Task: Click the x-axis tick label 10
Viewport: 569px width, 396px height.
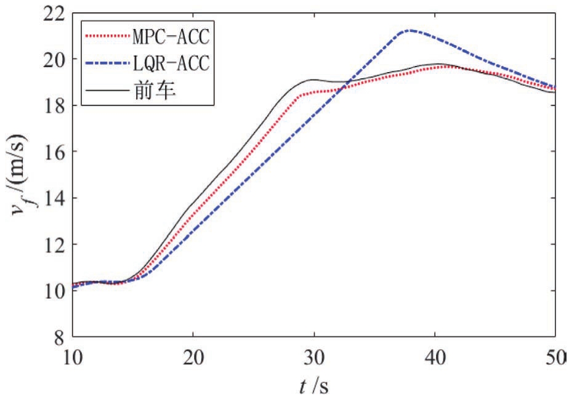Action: tap(73, 357)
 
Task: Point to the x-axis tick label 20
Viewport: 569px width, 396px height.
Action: tap(194, 357)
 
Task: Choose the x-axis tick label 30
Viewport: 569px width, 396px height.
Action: tap(314, 357)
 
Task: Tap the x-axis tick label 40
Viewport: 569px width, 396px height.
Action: tap(435, 357)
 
